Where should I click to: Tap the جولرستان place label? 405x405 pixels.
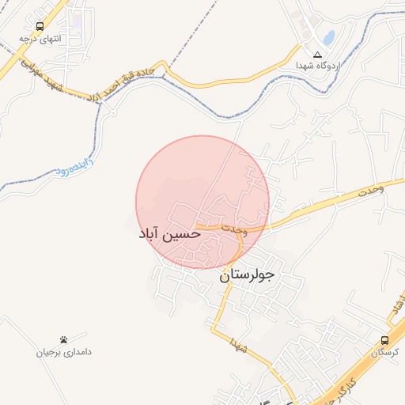[x=246, y=275]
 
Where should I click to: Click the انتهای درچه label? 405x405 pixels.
[x=40, y=38]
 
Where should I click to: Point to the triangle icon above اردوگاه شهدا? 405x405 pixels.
[x=318, y=55]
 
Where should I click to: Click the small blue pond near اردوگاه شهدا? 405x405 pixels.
[x=327, y=37]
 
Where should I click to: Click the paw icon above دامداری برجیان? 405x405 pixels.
[x=63, y=339]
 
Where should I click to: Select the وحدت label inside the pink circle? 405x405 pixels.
[x=235, y=229]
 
